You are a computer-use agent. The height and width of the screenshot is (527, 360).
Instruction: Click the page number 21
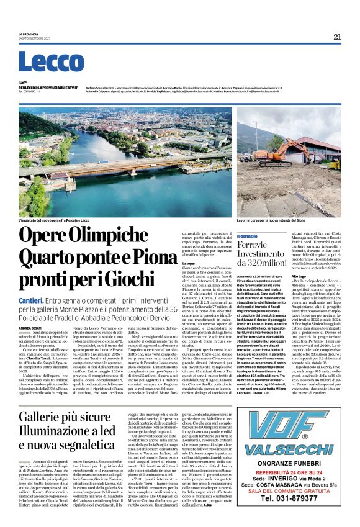(x=337, y=37)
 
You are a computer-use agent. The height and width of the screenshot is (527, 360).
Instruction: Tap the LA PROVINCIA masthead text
(x=28, y=34)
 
